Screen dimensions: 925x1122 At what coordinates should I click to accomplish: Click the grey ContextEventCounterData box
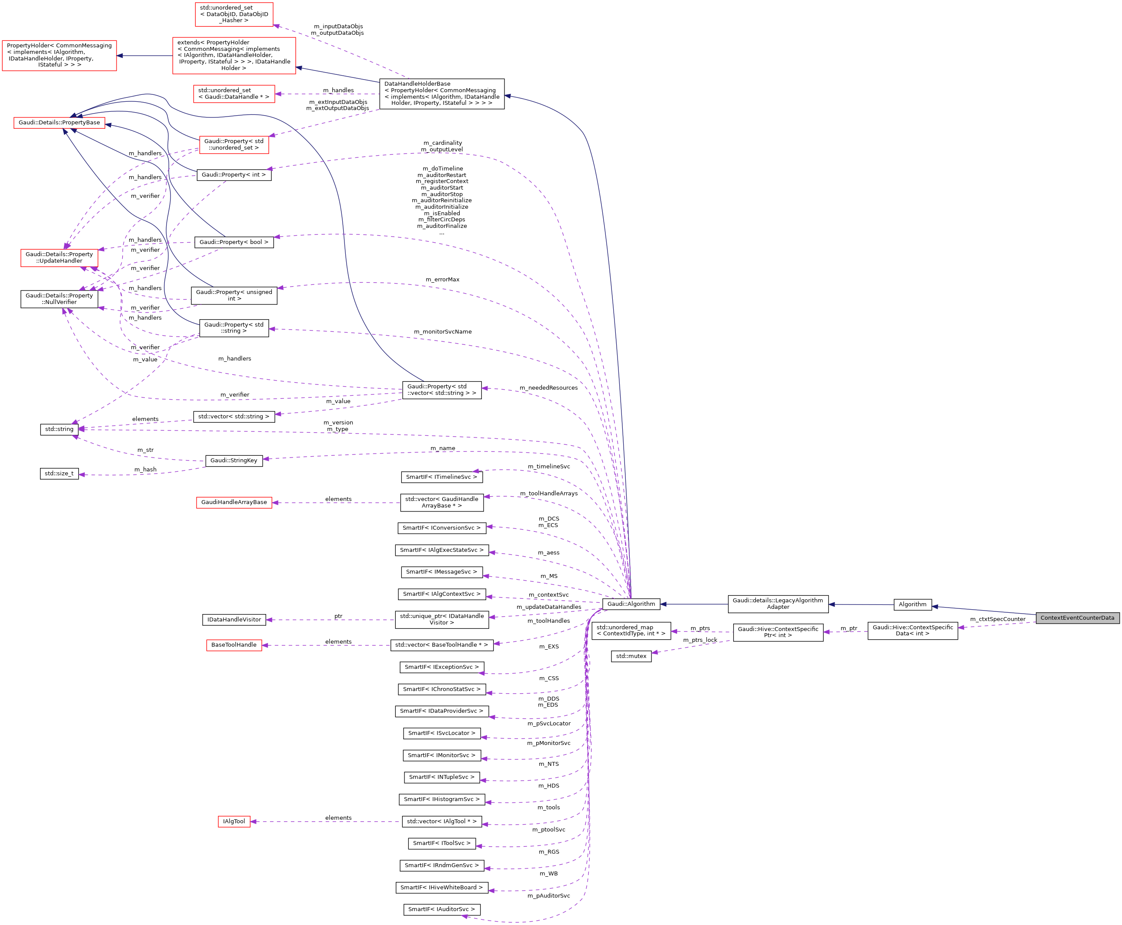pyautogui.click(x=1077, y=618)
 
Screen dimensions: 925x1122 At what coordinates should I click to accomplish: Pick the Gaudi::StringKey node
pyautogui.click(x=234, y=461)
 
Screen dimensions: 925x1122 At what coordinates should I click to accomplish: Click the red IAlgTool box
pyautogui.click(x=234, y=821)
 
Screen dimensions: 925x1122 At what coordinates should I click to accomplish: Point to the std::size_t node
pyautogui.click(x=59, y=473)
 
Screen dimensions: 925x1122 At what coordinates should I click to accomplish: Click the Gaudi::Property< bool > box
pyautogui.click(x=234, y=242)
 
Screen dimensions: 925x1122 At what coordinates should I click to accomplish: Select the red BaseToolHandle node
pyautogui.click(x=234, y=645)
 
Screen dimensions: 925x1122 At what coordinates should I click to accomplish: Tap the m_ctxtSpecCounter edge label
pyautogui.click(x=997, y=619)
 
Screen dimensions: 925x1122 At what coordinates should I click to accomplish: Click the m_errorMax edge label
pyautogui.click(x=442, y=279)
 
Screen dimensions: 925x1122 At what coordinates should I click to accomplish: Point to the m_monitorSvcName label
pyautogui.click(x=442, y=331)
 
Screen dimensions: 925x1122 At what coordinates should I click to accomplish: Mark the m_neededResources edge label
pyautogui.click(x=548, y=387)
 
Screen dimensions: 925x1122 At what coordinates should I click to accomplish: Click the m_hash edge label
pyautogui.click(x=145, y=469)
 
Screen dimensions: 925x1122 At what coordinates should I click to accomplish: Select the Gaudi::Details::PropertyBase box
pyautogui.click(x=59, y=123)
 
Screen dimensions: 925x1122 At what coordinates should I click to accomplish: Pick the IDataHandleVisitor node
pyautogui.click(x=234, y=620)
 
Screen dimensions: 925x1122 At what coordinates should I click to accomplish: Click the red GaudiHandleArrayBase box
pyautogui.click(x=234, y=502)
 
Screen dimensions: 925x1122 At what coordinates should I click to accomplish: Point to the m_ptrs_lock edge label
pyautogui.click(x=700, y=640)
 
